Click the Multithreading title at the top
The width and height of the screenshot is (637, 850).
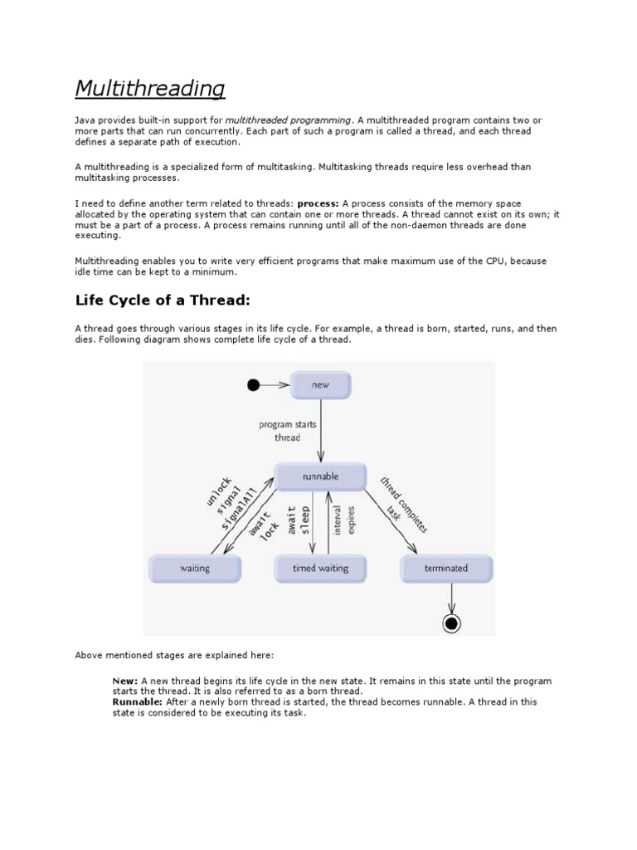point(150,88)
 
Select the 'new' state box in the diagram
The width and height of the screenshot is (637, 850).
point(320,385)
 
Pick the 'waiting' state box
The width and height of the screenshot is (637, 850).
point(195,569)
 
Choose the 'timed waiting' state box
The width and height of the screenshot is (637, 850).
point(320,569)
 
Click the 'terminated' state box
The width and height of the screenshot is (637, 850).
point(446,569)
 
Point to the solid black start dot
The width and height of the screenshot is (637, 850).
point(254,385)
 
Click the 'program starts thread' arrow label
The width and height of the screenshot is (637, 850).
point(288,431)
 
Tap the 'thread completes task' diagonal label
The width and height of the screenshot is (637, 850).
point(403,505)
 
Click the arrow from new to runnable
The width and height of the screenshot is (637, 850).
point(320,432)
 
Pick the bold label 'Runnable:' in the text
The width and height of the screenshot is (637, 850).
point(138,701)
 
